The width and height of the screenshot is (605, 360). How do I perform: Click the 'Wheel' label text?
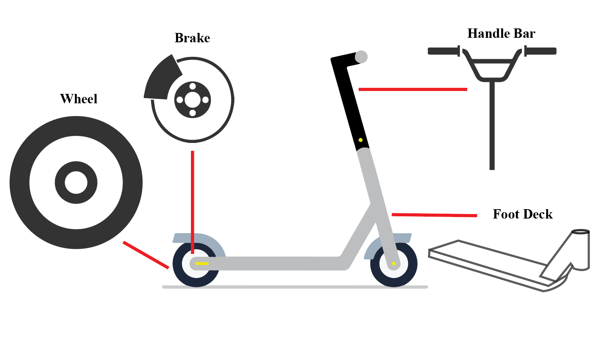(79, 99)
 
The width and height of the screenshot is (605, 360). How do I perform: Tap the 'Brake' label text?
(192, 38)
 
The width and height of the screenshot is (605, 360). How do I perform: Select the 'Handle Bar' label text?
(501, 33)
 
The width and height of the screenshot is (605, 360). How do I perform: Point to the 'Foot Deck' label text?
(522, 214)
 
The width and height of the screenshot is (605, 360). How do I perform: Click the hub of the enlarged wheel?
(76, 183)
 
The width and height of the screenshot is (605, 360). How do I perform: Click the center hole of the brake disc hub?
(192, 100)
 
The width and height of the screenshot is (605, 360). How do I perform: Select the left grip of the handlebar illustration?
(443, 51)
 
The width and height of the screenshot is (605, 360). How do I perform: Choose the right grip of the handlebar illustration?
(541, 51)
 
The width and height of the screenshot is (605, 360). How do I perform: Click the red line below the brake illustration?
(192, 202)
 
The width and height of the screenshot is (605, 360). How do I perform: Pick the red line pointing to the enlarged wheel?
(146, 255)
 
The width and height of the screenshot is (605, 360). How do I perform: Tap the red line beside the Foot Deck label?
(434, 215)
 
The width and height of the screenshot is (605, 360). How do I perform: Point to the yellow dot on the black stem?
(361, 140)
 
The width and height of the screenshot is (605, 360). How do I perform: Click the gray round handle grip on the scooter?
(361, 57)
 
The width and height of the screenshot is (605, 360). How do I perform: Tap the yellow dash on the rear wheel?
(202, 263)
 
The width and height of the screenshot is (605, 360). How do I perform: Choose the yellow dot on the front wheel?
(393, 264)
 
